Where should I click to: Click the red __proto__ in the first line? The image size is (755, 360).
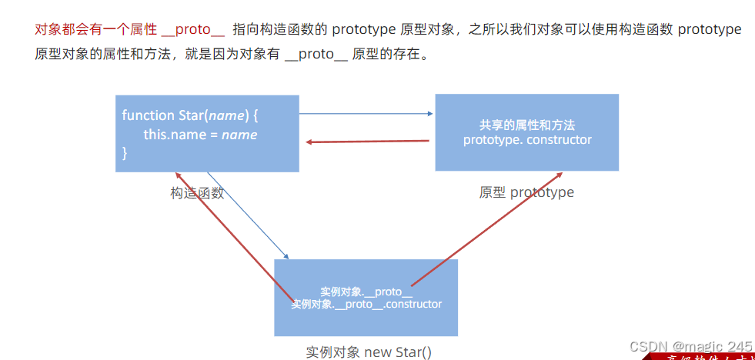[x=193, y=30]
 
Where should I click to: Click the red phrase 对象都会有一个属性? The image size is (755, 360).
[x=96, y=30]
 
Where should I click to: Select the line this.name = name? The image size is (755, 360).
[x=200, y=135]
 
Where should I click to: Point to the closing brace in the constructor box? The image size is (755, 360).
[x=125, y=153]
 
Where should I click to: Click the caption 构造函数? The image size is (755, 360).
[x=197, y=193]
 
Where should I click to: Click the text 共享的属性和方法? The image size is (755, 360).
[x=527, y=125]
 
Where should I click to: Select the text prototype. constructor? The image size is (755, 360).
[x=527, y=140]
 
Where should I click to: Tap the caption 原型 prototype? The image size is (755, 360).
[x=526, y=192]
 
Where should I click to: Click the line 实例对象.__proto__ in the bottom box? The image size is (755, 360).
[x=366, y=292]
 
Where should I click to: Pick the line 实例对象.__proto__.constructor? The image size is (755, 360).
[x=366, y=305]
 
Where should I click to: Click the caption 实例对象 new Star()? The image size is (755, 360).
[x=369, y=352]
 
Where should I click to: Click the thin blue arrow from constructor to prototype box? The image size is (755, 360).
[x=366, y=114]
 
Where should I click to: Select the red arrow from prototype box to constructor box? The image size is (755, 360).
[x=367, y=142]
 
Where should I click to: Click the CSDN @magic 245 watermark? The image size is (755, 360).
[x=690, y=347]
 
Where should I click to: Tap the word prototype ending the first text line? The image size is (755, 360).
[x=710, y=30]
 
